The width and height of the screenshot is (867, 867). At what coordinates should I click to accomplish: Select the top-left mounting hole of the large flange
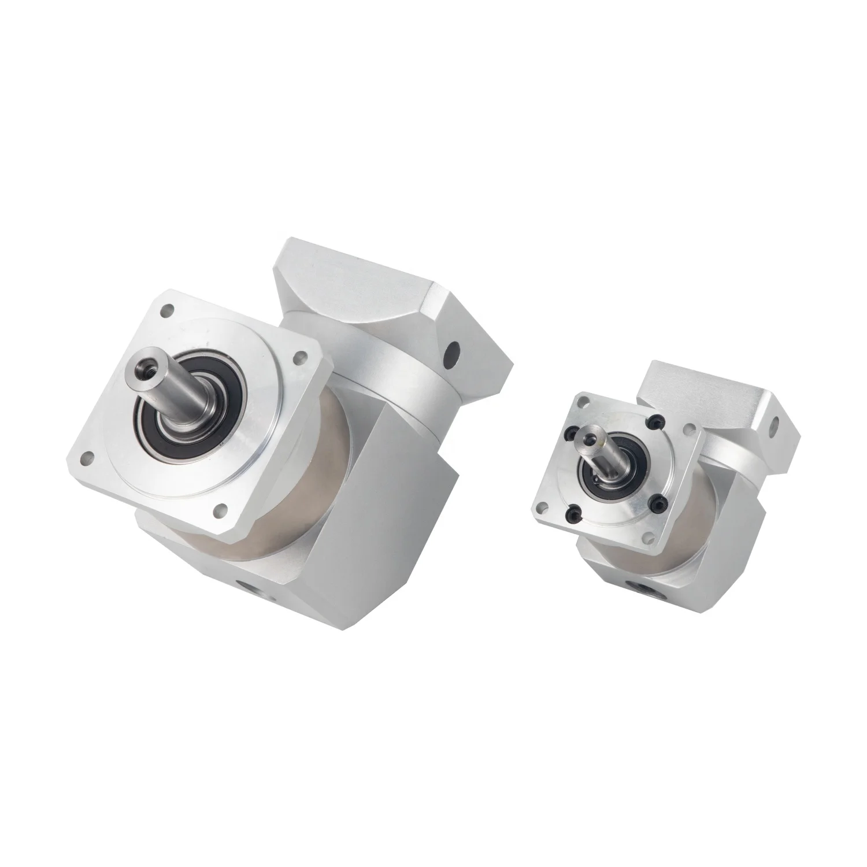168,310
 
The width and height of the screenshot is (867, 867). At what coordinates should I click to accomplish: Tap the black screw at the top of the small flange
655,423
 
